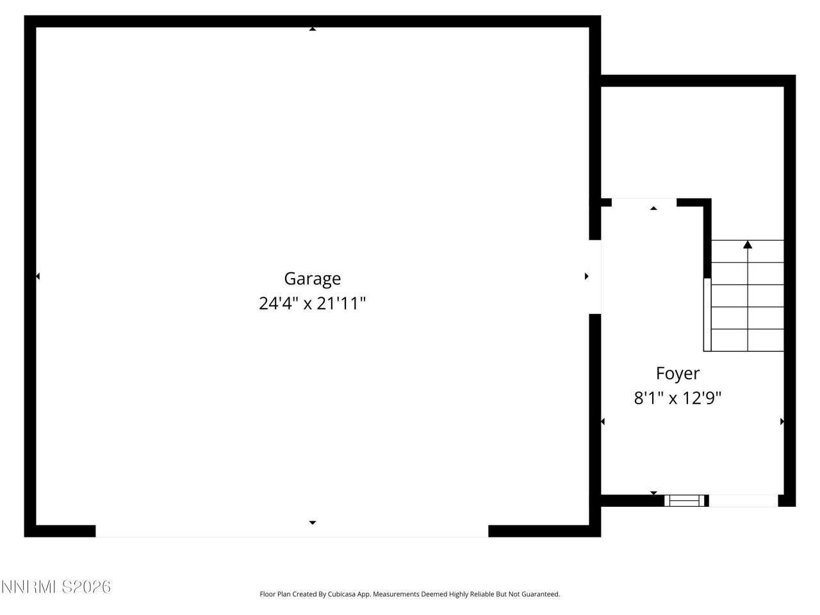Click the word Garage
click(312, 279)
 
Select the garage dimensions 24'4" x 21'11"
click(312, 303)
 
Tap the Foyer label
click(677, 373)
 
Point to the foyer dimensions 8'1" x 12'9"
click(677, 398)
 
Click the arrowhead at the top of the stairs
click(748, 244)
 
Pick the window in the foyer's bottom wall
click(685, 500)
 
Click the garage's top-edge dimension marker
click(312, 29)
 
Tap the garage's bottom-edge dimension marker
click(312, 523)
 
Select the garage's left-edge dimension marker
click(37, 276)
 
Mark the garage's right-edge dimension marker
click(586, 276)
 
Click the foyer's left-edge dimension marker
click(603, 422)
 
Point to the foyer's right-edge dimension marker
click(782, 422)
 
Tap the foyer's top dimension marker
click(653, 208)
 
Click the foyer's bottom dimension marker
click(653, 493)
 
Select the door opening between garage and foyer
click(594, 277)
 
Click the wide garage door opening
click(291, 531)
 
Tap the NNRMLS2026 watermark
click(56, 586)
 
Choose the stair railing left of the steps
click(707, 314)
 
